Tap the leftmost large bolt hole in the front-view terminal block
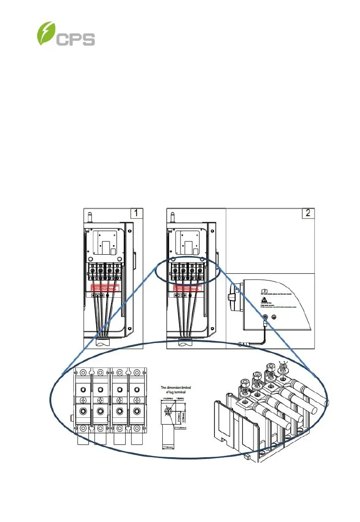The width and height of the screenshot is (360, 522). [x=83, y=411]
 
